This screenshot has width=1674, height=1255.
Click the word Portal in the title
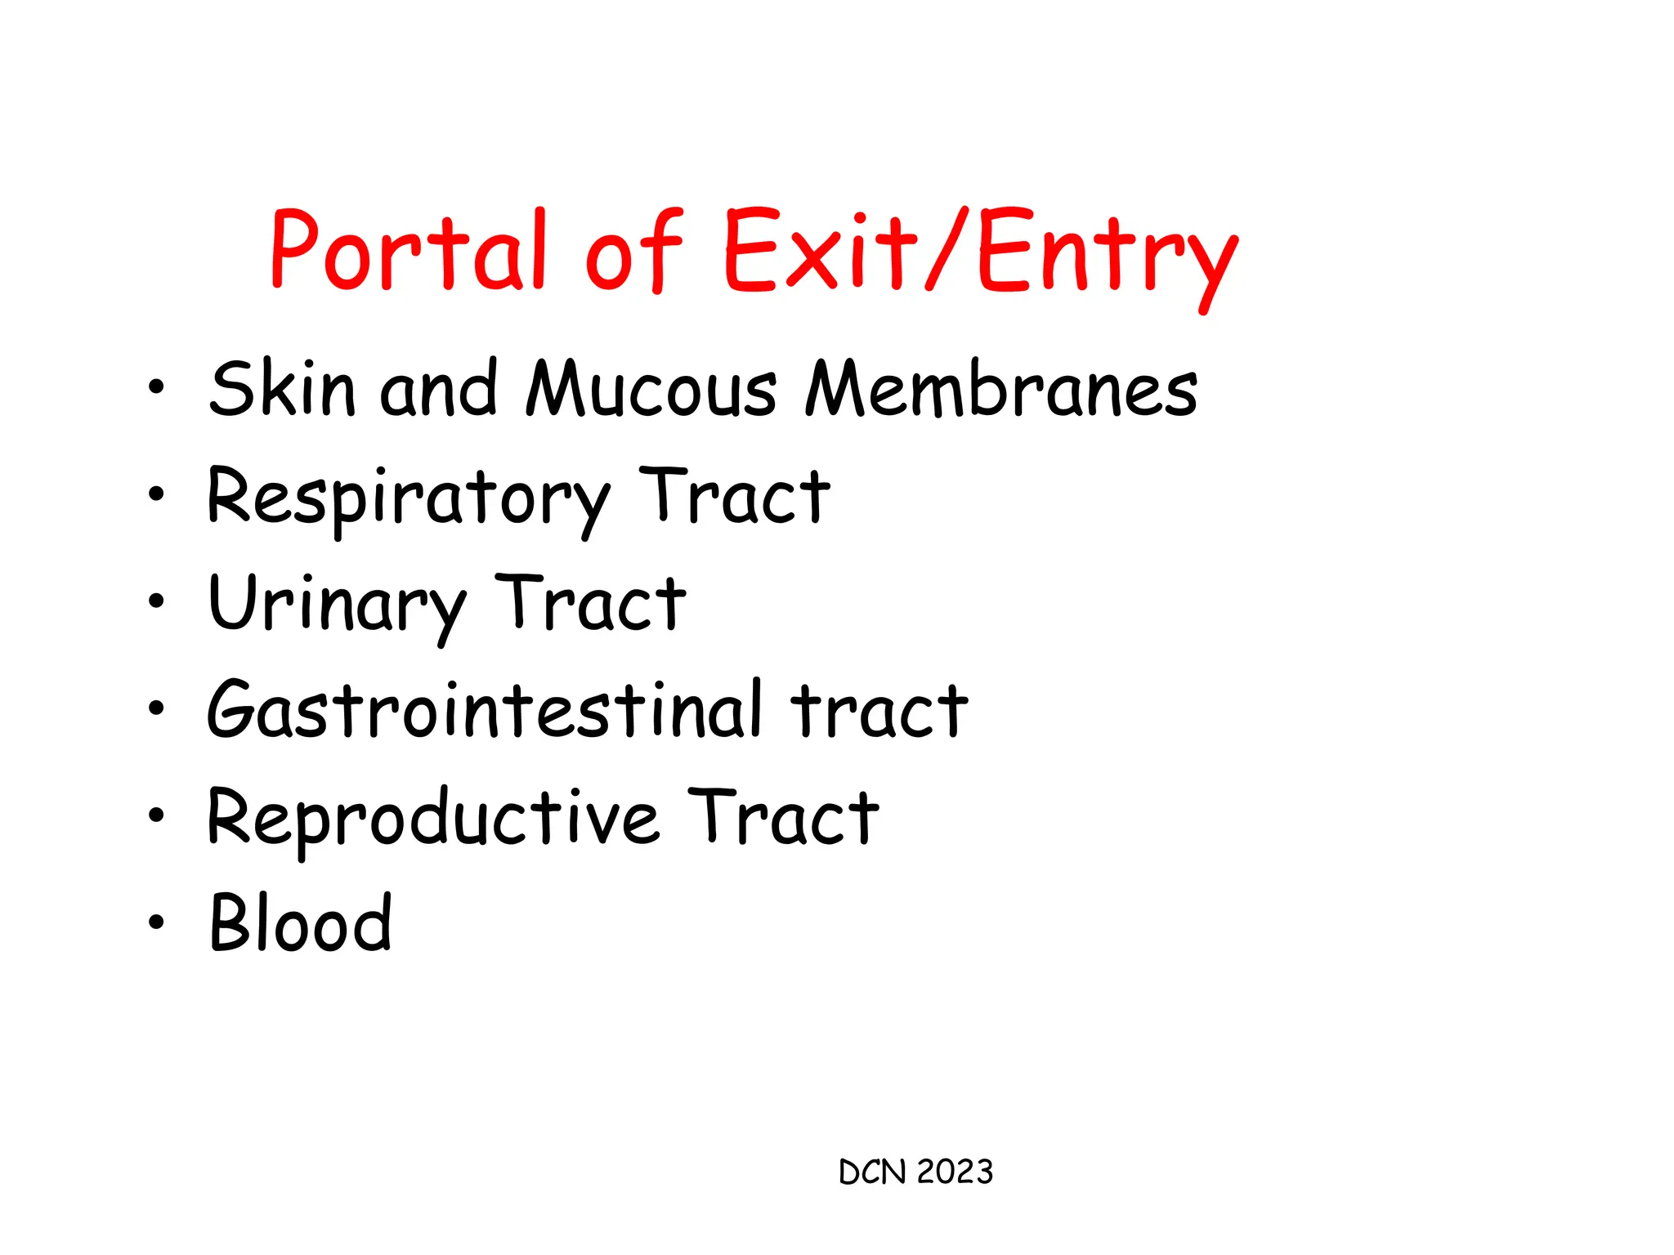click(x=407, y=249)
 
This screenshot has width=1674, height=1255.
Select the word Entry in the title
click(x=1108, y=253)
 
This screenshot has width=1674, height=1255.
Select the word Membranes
click(x=1001, y=390)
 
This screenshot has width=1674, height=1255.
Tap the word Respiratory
click(x=407, y=498)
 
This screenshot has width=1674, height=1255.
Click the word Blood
click(x=301, y=923)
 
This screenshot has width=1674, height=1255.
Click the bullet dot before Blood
click(x=156, y=922)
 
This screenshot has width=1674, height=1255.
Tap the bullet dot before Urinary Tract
click(x=156, y=601)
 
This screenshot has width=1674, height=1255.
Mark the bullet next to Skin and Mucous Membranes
click(x=156, y=386)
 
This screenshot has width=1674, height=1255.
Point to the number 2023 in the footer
click(x=955, y=1172)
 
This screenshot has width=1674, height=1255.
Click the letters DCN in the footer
click(x=873, y=1172)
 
